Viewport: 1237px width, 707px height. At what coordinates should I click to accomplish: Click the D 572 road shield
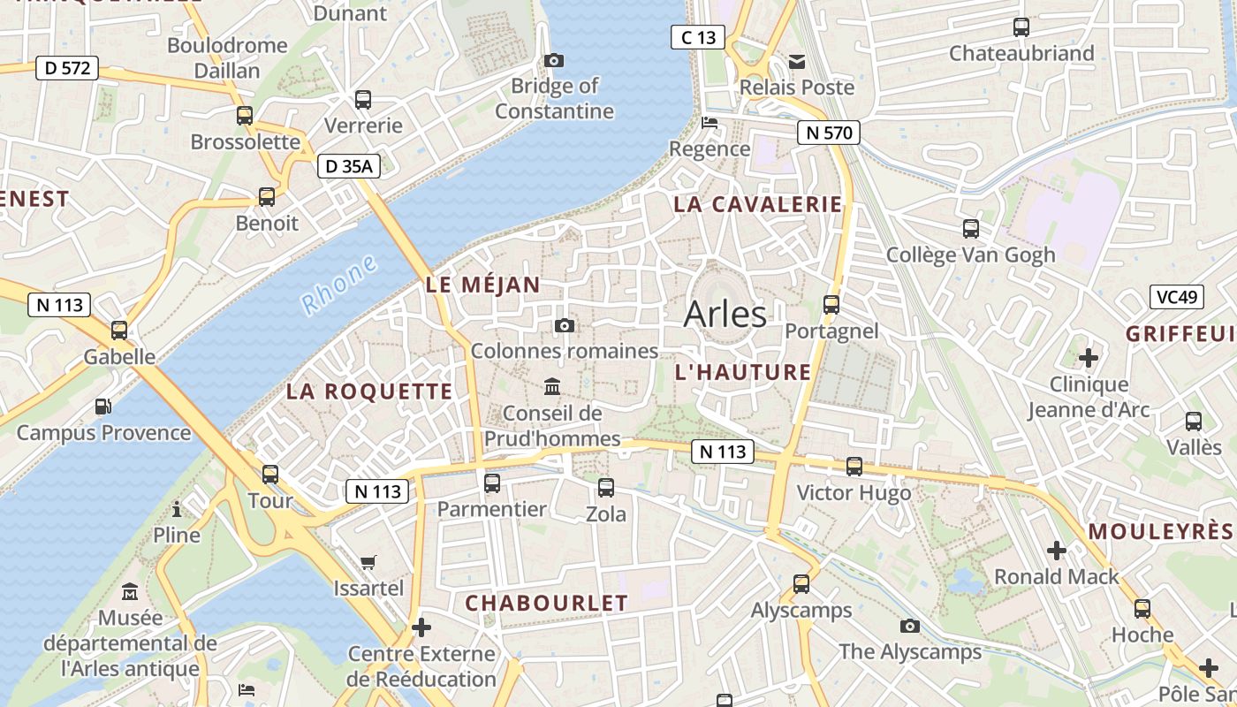[67, 68]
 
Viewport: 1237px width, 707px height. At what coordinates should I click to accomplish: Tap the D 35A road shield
[349, 165]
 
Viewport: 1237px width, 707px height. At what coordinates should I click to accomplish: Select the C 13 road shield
[698, 37]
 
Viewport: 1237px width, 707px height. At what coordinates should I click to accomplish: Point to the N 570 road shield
[828, 133]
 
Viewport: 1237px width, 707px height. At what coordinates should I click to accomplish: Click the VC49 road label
[1178, 297]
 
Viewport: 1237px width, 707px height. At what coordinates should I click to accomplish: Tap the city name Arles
[725, 314]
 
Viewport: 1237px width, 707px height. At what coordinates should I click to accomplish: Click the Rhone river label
[339, 285]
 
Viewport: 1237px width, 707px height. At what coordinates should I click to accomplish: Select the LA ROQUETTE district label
[369, 392]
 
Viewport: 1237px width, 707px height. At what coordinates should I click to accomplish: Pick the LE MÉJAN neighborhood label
[482, 285]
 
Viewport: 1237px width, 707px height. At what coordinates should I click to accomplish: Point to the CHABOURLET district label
[546, 604]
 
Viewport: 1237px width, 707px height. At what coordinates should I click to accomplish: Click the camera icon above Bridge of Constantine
[554, 60]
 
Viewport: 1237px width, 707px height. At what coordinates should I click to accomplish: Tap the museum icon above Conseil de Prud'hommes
[553, 387]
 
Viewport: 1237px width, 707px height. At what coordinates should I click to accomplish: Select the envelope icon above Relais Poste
[797, 61]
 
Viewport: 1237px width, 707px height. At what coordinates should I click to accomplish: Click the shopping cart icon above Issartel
[368, 562]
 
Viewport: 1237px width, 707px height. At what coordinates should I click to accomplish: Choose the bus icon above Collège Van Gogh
[971, 229]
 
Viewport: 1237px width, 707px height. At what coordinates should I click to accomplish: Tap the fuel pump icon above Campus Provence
[103, 407]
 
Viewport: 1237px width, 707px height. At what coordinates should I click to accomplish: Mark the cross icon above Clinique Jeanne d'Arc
[1089, 358]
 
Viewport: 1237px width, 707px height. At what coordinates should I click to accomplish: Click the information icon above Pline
[177, 509]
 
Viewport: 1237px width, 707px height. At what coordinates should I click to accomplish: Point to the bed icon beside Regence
[710, 123]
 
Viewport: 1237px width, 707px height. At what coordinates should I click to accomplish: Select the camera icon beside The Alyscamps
[910, 626]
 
